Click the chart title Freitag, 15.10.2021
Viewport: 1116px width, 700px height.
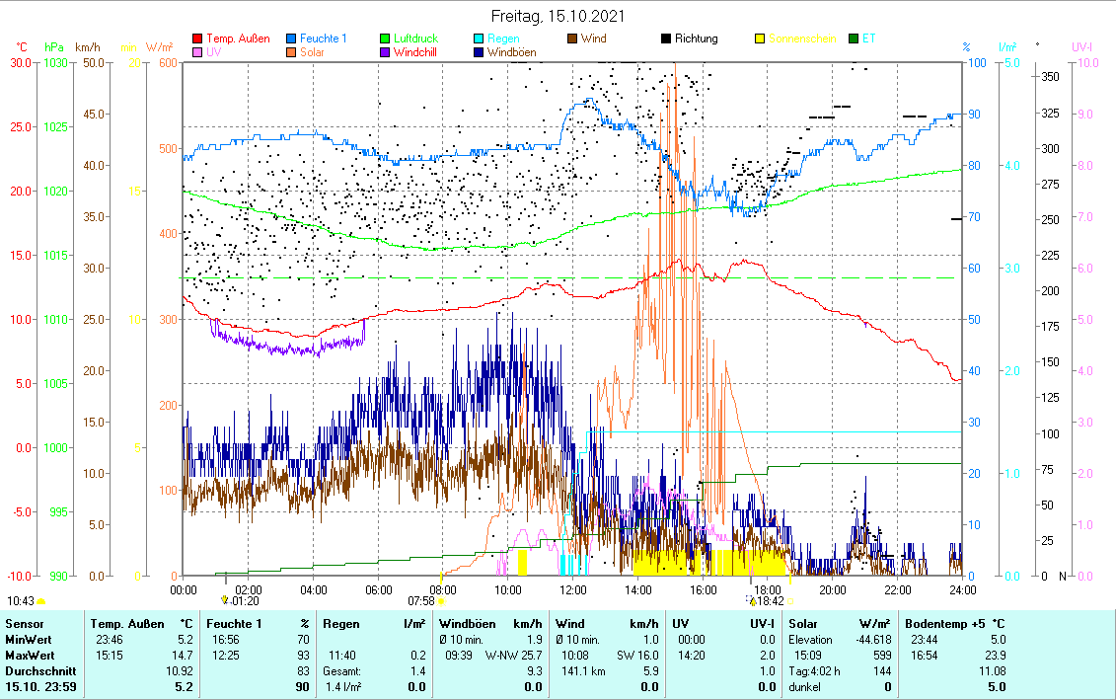tap(558, 17)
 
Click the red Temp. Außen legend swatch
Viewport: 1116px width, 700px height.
tap(197, 39)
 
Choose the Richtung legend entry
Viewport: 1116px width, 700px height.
tap(696, 39)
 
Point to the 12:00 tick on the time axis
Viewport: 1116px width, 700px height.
tap(572, 589)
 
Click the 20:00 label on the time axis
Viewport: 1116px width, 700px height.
tap(832, 589)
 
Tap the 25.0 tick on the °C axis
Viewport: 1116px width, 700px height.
tap(20, 126)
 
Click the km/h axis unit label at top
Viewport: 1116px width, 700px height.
tap(87, 46)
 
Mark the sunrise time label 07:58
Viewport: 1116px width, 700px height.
tap(421, 600)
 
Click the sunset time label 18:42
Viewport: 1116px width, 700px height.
tap(770, 600)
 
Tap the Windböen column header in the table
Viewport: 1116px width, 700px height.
tap(464, 624)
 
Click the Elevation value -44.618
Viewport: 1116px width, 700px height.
tap(869, 639)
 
